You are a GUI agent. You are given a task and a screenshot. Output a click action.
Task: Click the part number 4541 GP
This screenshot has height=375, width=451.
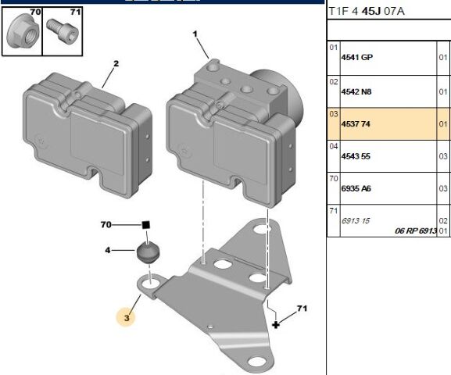(356, 58)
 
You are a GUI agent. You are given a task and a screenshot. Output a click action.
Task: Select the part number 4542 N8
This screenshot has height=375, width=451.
(356, 91)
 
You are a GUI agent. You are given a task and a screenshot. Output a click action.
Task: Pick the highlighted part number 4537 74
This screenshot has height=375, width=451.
(356, 124)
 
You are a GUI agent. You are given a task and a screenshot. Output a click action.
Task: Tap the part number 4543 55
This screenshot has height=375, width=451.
(356, 156)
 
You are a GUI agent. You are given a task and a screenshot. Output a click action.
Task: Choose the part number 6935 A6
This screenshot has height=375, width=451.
(356, 188)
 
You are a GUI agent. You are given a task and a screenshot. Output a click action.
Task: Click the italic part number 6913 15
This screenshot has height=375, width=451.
(355, 221)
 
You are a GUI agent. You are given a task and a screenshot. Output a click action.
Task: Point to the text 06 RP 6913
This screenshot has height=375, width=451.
(416, 230)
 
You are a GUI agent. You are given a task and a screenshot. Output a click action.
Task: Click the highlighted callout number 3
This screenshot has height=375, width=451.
(127, 318)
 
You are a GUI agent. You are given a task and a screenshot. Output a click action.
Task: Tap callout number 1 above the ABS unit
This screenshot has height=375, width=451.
(195, 34)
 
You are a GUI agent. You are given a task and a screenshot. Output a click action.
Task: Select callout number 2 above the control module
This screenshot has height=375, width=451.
(116, 63)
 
